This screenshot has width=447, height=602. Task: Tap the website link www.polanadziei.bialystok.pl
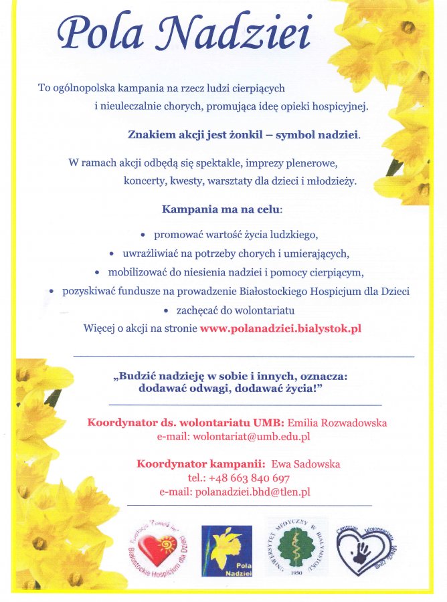point(280,328)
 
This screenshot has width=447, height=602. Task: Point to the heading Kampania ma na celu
point(221,209)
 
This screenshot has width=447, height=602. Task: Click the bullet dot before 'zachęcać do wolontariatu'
point(165,311)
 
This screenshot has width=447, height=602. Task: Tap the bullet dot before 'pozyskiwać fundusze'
point(51,292)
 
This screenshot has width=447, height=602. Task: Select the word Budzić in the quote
point(135,376)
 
